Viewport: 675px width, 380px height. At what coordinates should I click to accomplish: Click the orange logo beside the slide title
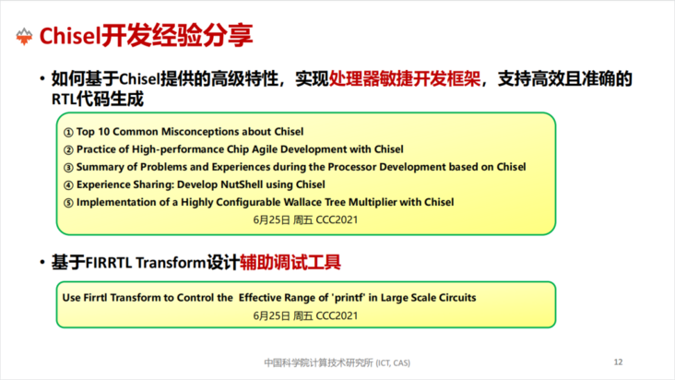point(24,37)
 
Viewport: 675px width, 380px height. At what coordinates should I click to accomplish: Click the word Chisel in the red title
point(70,36)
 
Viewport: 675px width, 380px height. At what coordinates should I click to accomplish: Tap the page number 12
point(618,362)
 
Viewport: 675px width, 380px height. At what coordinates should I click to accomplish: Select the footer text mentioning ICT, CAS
point(337,362)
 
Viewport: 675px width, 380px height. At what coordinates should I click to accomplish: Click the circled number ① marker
point(68,132)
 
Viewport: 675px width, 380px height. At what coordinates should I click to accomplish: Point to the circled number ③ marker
point(68,168)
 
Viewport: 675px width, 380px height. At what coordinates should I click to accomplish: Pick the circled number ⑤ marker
point(68,203)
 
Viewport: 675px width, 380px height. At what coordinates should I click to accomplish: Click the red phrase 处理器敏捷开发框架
point(405,78)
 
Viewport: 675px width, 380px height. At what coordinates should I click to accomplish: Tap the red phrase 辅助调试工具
point(290,262)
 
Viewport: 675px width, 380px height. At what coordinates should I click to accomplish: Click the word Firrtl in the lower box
point(95,298)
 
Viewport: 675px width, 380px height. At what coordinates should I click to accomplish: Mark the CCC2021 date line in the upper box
point(305,220)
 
